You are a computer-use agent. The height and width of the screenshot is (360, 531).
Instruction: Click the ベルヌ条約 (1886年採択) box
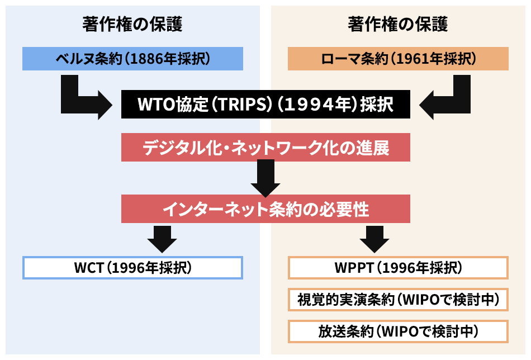132,59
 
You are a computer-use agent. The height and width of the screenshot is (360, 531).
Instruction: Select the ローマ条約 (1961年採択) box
398,59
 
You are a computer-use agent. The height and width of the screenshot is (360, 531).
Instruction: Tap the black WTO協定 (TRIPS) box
266,105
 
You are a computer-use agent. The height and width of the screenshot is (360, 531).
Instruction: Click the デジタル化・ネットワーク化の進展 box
266,148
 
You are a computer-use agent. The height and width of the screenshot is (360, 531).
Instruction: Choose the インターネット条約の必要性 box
266,209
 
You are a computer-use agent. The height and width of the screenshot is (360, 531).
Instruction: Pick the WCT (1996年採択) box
132,268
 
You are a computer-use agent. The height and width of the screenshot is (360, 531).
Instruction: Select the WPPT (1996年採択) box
398,268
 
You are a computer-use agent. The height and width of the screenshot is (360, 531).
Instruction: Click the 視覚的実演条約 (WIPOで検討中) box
398,300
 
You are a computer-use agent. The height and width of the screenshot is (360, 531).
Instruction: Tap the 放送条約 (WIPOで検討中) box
398,331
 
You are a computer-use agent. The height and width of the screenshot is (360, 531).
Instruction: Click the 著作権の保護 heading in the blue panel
132,24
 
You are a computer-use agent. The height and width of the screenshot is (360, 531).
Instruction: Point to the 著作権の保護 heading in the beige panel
398,24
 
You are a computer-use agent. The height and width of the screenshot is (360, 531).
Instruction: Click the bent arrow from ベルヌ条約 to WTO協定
84,101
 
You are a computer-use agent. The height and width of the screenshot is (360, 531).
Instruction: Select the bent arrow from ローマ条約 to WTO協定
447,101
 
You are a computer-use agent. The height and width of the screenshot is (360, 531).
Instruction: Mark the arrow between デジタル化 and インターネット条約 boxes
266,178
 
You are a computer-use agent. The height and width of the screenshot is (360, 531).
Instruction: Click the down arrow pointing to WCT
162,238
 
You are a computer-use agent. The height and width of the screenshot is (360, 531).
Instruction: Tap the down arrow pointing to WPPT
374,238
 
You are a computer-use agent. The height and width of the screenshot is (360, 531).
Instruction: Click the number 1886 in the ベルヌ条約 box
144,59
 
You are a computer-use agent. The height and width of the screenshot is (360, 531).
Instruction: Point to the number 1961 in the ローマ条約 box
409,59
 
